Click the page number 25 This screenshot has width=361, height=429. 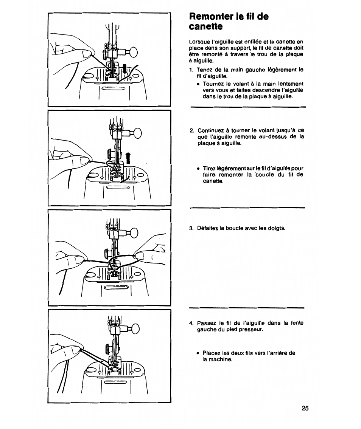tap(305, 408)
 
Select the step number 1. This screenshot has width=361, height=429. tap(191, 70)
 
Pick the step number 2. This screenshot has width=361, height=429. tap(191, 130)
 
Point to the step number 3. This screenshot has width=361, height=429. tap(191, 228)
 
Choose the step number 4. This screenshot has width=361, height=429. tap(191, 323)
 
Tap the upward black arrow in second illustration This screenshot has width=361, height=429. tap(128, 158)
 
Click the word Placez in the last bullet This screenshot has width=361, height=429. tap(211, 353)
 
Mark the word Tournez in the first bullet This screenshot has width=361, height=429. tap(214, 84)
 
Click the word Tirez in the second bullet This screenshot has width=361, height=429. tap(210, 169)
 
